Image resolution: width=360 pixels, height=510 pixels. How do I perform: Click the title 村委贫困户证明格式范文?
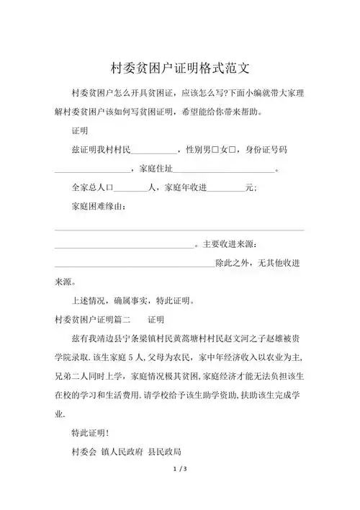[x=179, y=68]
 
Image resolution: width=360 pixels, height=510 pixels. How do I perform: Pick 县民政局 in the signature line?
[x=165, y=452]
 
